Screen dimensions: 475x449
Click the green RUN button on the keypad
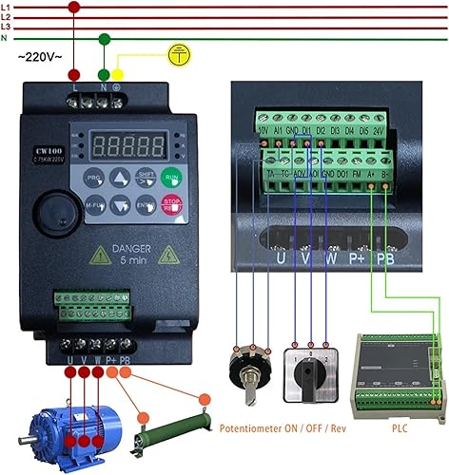click(172, 177)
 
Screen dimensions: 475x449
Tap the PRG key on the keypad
click(93, 178)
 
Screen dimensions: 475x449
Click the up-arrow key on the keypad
click(119, 178)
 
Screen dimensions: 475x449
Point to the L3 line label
click(7, 27)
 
